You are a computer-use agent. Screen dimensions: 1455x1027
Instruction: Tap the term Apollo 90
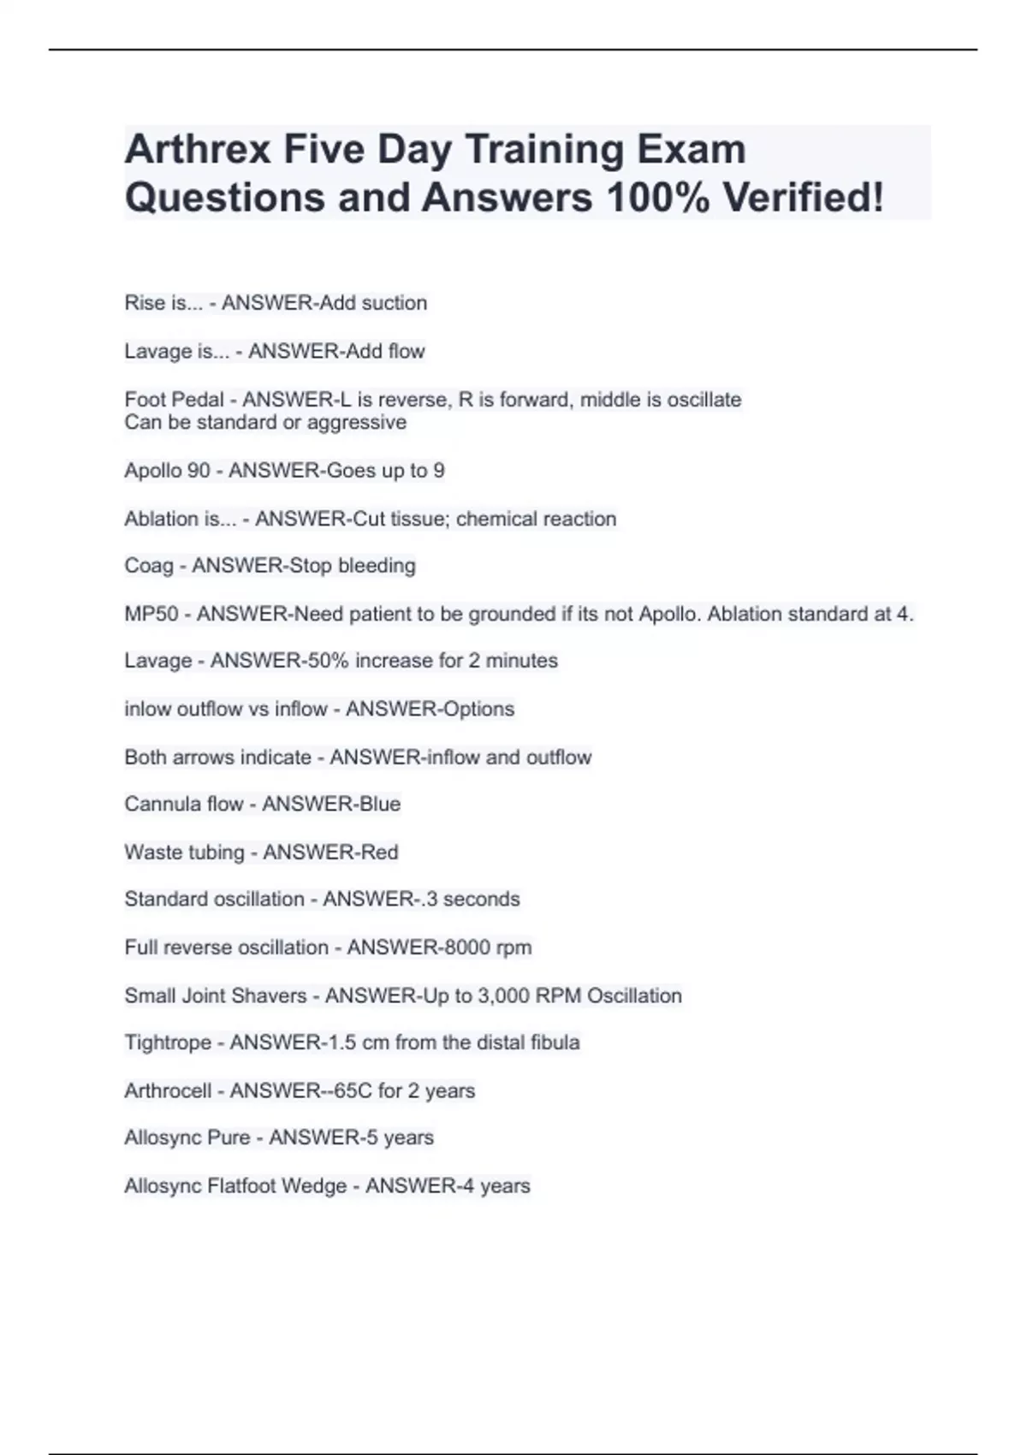[167, 471]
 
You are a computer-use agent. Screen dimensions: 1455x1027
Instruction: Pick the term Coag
[148, 566]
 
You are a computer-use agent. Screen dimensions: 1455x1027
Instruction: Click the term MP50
[151, 614]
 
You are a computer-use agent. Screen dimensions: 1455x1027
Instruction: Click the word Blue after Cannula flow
[379, 805]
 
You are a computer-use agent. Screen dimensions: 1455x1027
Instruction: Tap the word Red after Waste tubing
[379, 852]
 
